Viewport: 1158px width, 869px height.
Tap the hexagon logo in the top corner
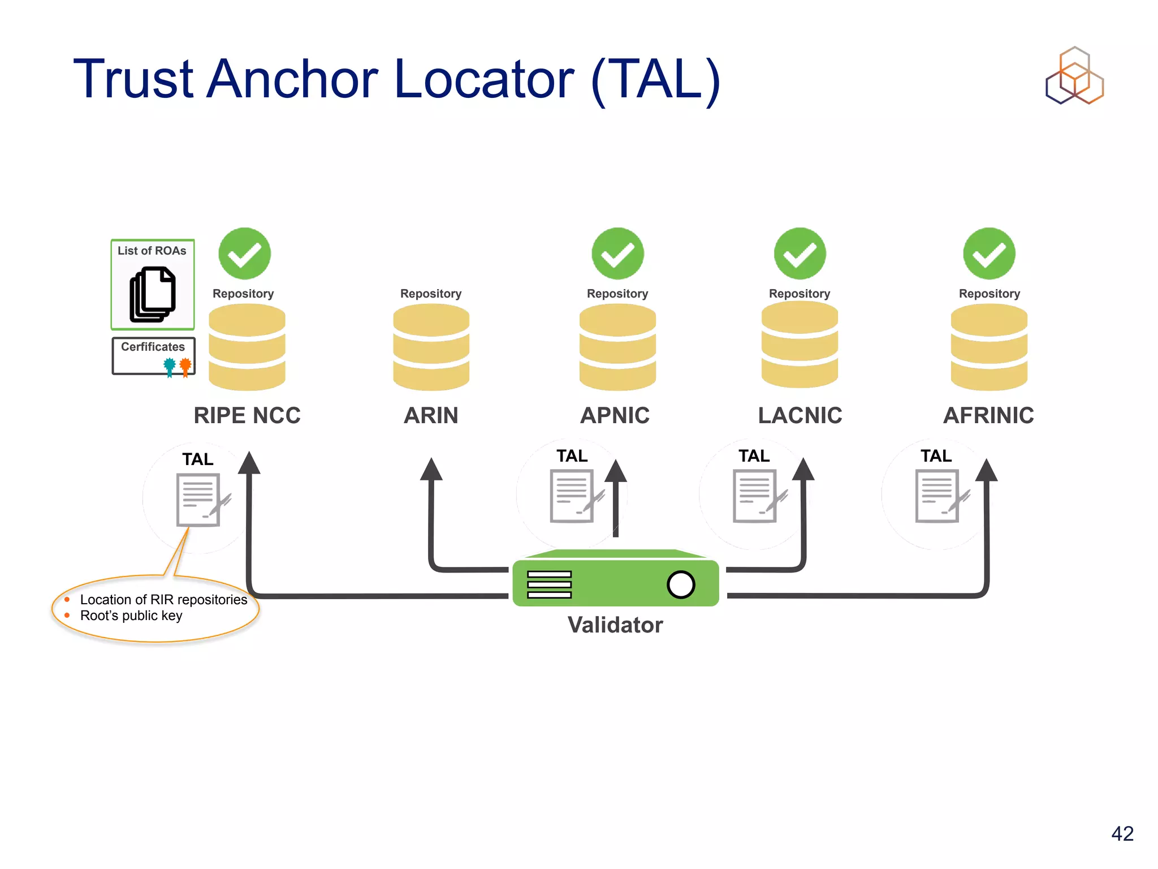[x=1074, y=76]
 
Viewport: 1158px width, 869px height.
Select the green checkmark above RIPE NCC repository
[x=244, y=254]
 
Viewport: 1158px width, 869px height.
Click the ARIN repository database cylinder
[x=431, y=347]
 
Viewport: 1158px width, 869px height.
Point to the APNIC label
[x=615, y=415]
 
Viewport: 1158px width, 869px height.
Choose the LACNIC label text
[x=800, y=415]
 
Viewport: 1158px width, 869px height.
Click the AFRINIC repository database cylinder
[x=988, y=347]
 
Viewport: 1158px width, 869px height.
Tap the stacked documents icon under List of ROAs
[x=153, y=295]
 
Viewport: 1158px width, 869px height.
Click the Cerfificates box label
[x=153, y=347]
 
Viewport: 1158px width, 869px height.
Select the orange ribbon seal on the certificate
[x=185, y=367]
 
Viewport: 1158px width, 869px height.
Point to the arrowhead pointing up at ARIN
[x=431, y=470]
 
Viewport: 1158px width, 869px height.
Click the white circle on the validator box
[x=681, y=584]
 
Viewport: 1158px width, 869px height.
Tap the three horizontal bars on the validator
[x=549, y=584]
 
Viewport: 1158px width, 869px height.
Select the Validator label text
[x=615, y=625]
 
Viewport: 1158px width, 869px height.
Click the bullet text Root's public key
[x=131, y=616]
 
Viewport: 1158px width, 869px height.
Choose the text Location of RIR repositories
[x=163, y=600]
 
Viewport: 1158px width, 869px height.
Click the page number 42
[x=1122, y=833]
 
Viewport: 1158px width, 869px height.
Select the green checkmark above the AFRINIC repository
[x=989, y=254]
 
